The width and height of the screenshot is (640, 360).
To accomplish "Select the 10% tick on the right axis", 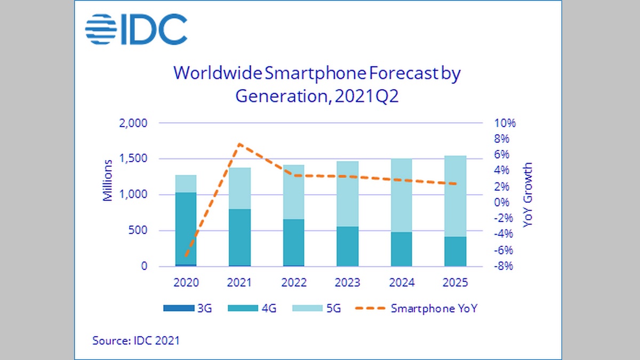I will click(x=505, y=123).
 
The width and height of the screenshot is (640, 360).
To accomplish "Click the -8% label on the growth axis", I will click(x=503, y=266).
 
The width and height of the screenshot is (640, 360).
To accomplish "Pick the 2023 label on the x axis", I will click(x=347, y=283).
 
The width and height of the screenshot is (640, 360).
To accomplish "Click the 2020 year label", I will click(x=186, y=283).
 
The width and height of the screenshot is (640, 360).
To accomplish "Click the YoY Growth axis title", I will click(x=527, y=195).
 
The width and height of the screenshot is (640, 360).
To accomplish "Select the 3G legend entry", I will click(x=187, y=308).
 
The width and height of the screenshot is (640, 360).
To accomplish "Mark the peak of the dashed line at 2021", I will click(x=240, y=144).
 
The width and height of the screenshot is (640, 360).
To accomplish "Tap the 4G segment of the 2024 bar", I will click(x=401, y=249).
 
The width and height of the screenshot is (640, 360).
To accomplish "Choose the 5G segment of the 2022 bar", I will click(x=293, y=192).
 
